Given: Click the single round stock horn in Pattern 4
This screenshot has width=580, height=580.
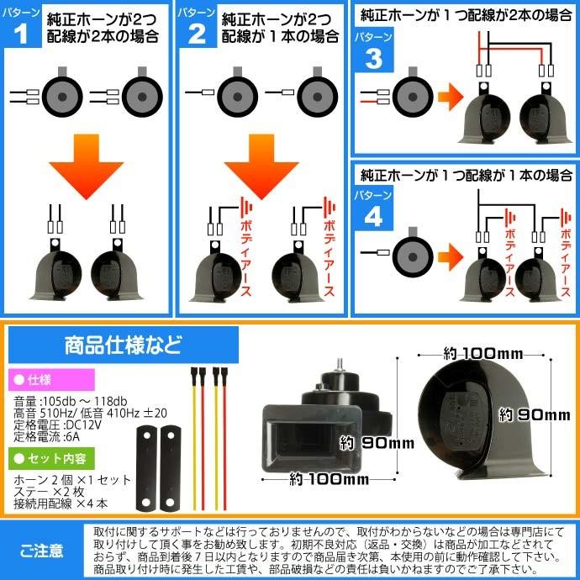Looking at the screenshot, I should pyautogui.click(x=409, y=251).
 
